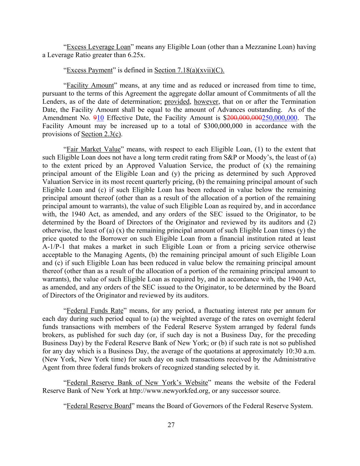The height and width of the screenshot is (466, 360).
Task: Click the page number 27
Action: click(x=171, y=425)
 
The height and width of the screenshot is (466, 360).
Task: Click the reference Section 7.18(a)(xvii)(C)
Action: click(x=189, y=70)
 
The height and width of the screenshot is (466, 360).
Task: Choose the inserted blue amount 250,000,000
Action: click(x=279, y=118)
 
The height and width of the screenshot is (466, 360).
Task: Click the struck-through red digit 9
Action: click(x=95, y=118)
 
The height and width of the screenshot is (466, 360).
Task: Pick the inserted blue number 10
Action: click(x=100, y=118)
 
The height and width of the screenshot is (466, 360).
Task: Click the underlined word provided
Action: click(x=177, y=102)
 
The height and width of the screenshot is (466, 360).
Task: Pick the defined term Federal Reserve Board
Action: click(x=99, y=406)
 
